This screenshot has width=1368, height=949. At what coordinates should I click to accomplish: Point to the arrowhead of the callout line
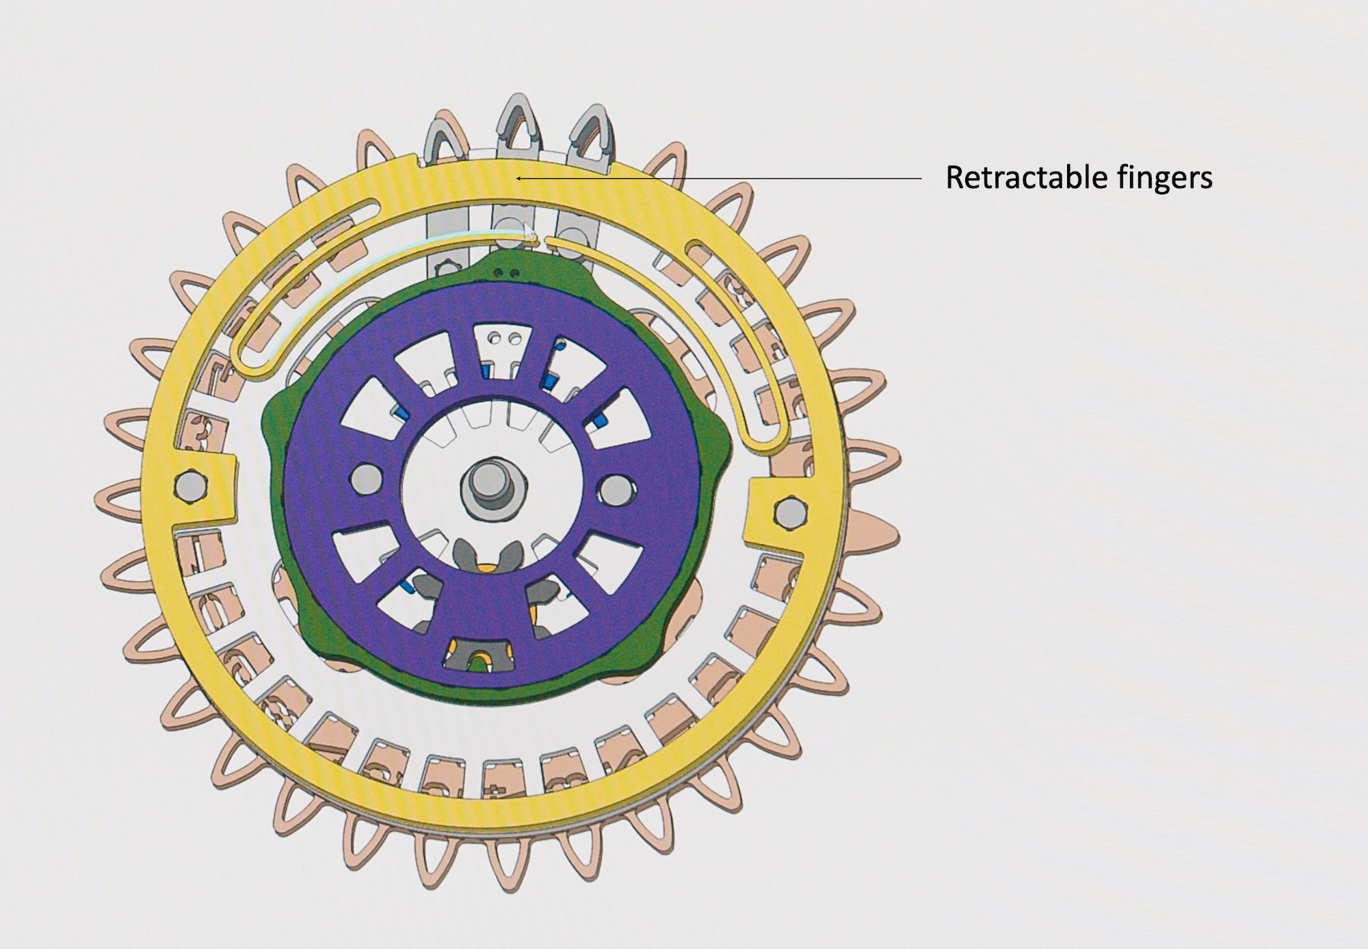(x=521, y=178)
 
